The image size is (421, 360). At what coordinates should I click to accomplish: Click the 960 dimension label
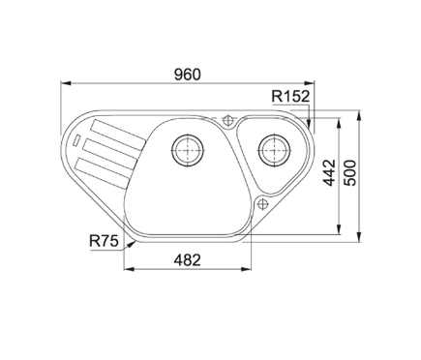tap(187, 75)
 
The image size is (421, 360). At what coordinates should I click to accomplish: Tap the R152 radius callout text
tap(290, 96)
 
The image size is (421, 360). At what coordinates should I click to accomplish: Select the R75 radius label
tap(104, 241)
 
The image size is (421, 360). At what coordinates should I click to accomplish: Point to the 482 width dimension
tap(187, 260)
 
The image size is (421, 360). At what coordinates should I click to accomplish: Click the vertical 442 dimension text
tap(329, 172)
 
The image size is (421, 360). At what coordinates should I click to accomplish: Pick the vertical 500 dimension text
tap(350, 172)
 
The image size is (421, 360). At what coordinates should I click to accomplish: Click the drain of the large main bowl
tap(188, 150)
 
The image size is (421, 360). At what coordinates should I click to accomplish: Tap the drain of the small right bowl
tap(274, 150)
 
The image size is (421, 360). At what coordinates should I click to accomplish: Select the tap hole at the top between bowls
tap(228, 120)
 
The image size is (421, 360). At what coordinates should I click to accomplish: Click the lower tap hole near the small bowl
tap(262, 204)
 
